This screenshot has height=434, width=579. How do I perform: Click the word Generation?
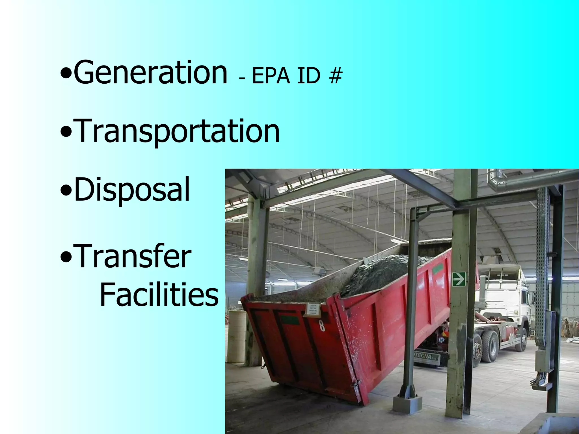click(150, 72)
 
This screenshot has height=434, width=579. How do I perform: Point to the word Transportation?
click(178, 131)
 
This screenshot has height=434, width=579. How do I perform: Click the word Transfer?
click(133, 256)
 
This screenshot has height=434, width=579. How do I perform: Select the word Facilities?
click(159, 294)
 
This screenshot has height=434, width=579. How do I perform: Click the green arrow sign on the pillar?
click(459, 279)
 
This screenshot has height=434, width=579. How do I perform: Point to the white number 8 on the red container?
click(322, 325)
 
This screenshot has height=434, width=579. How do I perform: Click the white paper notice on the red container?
click(313, 309)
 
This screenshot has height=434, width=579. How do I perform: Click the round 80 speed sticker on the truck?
click(441, 340)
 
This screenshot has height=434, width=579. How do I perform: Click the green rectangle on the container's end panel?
click(290, 320)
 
